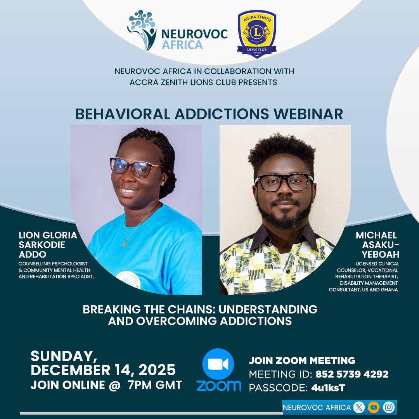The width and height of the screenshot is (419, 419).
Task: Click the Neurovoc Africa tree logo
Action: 142,30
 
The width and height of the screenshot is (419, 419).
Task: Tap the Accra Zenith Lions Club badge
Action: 257,34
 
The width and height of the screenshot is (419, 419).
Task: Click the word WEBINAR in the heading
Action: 308,114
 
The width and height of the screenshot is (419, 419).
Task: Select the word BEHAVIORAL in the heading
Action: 123,114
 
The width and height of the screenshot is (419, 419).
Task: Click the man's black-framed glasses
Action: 284,182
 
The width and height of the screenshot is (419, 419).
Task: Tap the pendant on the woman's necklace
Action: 124,243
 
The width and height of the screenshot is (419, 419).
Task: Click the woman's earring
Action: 162,184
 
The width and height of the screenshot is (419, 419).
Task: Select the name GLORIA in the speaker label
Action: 60,235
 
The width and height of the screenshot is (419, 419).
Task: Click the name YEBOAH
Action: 381,255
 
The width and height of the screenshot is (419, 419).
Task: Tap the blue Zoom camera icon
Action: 218,364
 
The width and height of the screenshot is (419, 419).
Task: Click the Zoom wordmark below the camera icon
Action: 219,386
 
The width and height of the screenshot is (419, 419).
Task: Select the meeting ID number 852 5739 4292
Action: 352,374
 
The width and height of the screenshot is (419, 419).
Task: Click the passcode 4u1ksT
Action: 328,388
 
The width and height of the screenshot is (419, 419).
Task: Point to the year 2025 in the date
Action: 157,370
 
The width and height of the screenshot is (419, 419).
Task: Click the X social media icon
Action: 359,407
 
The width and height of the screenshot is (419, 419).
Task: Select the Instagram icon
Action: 389,407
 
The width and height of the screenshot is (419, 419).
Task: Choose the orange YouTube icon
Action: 374,407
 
